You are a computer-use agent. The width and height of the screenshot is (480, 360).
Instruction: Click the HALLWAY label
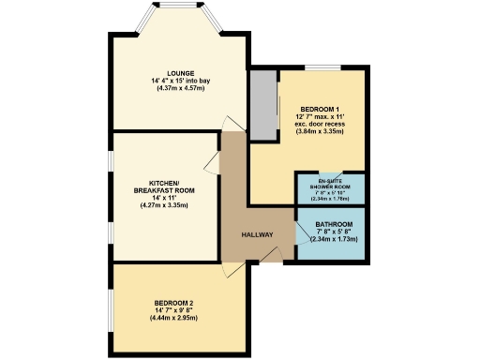(258, 234)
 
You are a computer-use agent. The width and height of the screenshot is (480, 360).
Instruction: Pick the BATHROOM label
(334, 225)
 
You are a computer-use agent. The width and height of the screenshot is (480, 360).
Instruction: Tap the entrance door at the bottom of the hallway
(271, 255)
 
